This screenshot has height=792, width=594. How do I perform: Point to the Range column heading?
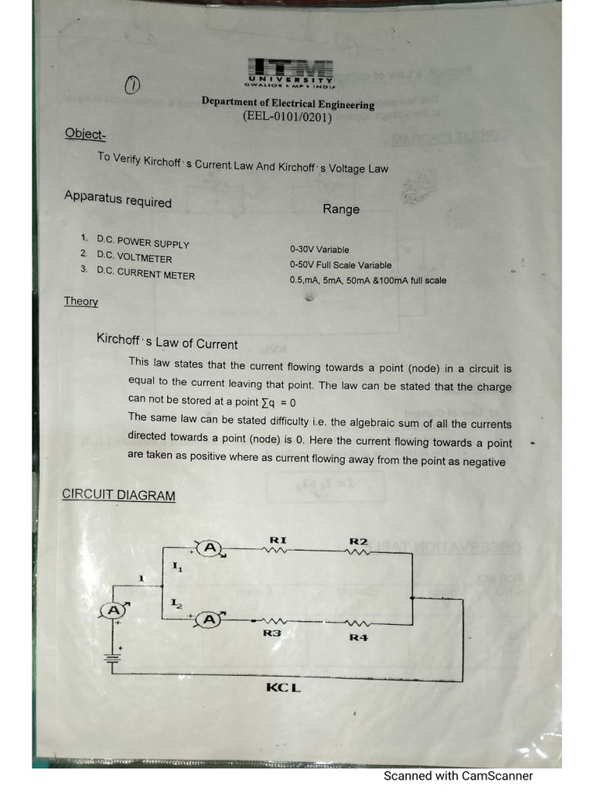coord(341,209)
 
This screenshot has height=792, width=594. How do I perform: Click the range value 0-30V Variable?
coord(319,250)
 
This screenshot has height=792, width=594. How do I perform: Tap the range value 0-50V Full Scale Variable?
coord(340,265)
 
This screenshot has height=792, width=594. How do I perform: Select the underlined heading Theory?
coord(80,301)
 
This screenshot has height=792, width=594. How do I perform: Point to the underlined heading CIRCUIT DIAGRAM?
coord(118,495)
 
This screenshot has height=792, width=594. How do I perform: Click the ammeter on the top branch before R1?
coord(209,548)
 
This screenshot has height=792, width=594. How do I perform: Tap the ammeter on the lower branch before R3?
coord(209,619)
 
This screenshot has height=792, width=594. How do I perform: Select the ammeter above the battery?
coord(114,610)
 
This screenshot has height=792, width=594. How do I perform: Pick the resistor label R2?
coord(358,541)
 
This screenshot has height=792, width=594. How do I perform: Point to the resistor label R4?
coord(358,637)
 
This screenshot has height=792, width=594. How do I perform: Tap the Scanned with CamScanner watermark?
coord(458,776)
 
